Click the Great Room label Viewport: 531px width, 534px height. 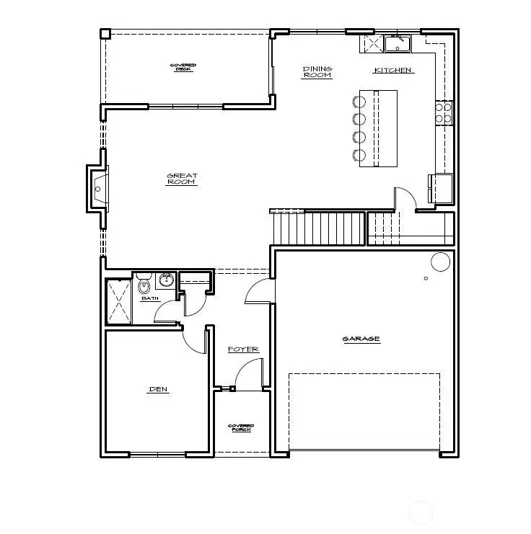pyautogui.click(x=182, y=179)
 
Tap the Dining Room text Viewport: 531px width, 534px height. pyautogui.click(x=317, y=72)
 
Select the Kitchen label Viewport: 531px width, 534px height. pyautogui.click(x=393, y=71)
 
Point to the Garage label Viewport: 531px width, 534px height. pyautogui.click(x=361, y=339)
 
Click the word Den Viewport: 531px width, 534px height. pyautogui.click(x=158, y=390)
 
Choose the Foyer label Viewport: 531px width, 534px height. pyautogui.click(x=243, y=350)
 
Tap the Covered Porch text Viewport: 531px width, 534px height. pyautogui.click(x=240, y=428)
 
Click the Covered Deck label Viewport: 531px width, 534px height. pyautogui.click(x=183, y=67)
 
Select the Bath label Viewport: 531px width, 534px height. pyautogui.click(x=150, y=298)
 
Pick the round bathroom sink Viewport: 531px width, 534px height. pyautogui.click(x=167, y=280)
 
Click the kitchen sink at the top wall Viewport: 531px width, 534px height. pyautogui.click(x=396, y=45)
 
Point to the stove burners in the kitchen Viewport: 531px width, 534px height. pyautogui.click(x=443, y=113)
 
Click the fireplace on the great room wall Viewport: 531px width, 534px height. pyautogui.click(x=97, y=188)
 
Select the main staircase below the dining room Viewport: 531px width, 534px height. pyautogui.click(x=317, y=228)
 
